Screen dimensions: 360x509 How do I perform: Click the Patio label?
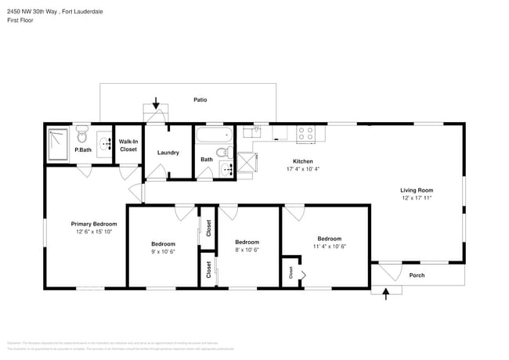pos(200,100)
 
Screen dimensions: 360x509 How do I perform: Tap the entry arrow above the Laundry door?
pos(156,103)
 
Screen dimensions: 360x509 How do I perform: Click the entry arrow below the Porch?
pos(385,293)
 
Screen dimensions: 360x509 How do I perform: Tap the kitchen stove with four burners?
pos(305,134)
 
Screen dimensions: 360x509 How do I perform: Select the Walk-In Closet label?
pos(128,146)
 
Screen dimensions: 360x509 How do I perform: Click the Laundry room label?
pos(168,152)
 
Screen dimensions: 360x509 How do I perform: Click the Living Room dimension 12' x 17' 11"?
pos(417,199)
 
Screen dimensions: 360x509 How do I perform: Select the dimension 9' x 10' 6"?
pos(164,252)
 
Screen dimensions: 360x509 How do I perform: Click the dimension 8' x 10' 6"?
pos(247,250)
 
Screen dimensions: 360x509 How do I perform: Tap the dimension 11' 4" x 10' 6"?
pos(329,247)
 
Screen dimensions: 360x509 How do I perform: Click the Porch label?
pos(418,275)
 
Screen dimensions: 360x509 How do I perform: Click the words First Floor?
pos(20,21)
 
